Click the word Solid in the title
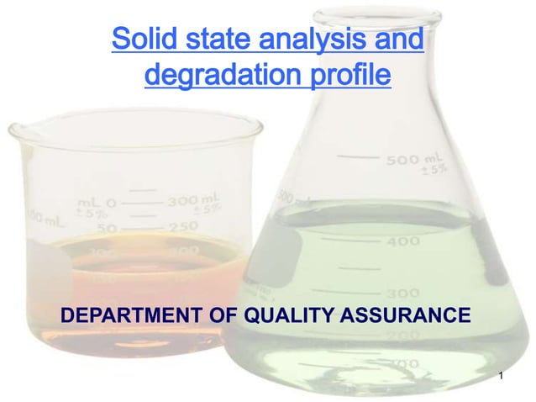click(x=142, y=40)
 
